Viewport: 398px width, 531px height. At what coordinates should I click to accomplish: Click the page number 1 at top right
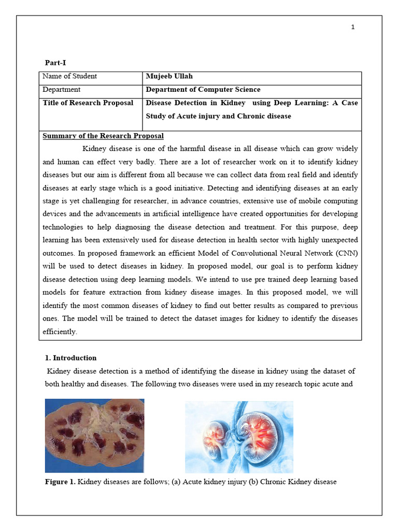(353, 27)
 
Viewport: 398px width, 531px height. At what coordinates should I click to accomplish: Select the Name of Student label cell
(69, 76)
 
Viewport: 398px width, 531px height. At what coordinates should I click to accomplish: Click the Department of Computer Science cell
(203, 90)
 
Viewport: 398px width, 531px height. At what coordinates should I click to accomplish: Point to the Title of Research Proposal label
(88, 103)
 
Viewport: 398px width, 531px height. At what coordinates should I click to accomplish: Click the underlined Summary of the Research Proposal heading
(103, 136)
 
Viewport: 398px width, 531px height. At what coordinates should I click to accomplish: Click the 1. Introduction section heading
(70, 358)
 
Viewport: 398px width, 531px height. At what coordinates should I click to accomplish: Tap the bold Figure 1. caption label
(60, 482)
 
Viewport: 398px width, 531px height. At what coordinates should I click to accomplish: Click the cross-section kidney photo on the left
(94, 435)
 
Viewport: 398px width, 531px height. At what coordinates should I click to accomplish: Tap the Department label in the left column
(61, 90)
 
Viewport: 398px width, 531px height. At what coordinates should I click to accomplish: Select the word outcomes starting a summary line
(58, 253)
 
